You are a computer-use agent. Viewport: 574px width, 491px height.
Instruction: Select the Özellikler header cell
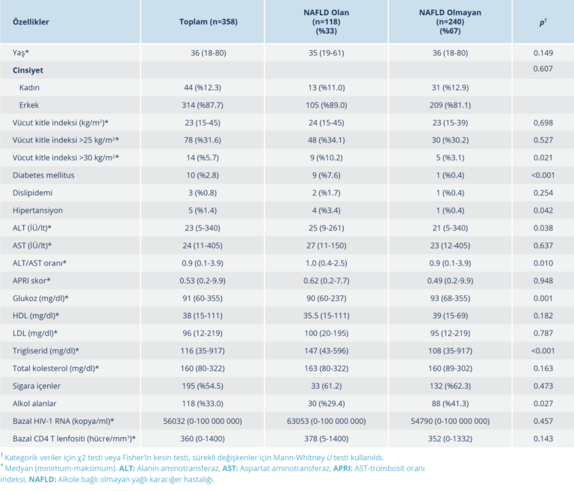coord(31,22)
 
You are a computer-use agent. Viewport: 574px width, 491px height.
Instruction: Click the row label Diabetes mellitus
coord(43,175)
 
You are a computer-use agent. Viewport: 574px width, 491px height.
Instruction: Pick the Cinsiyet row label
coord(28,69)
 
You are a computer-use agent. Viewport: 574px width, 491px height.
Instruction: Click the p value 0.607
coord(542,69)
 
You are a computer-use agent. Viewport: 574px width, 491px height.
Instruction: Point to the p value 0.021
coord(542,157)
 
